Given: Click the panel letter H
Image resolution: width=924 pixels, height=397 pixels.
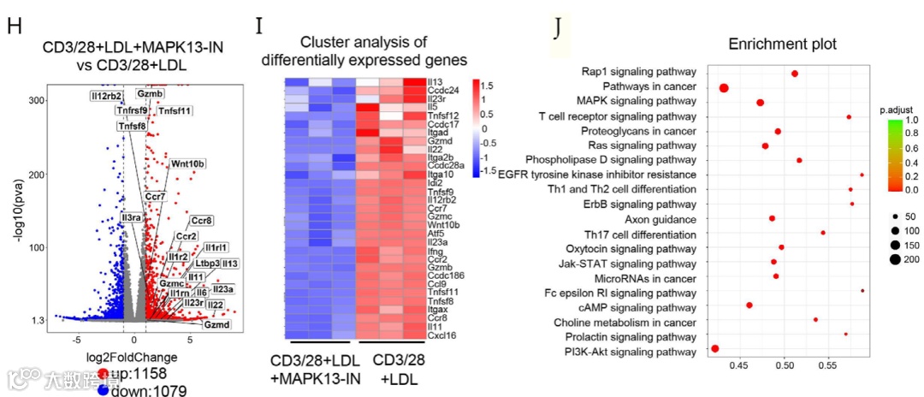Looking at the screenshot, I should point(15,25).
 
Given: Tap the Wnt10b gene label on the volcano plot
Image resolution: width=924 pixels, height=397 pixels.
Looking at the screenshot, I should point(188,163).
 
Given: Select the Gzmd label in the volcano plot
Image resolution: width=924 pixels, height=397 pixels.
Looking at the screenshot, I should point(216,325).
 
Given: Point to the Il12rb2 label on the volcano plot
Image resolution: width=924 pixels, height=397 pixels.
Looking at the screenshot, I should point(107,95).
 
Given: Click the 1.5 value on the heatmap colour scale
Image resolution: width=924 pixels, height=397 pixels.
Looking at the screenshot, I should point(487,86).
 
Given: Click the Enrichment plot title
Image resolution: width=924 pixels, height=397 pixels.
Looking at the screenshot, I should point(782,44).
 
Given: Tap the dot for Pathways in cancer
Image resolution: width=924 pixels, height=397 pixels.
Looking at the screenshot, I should point(724,87).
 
